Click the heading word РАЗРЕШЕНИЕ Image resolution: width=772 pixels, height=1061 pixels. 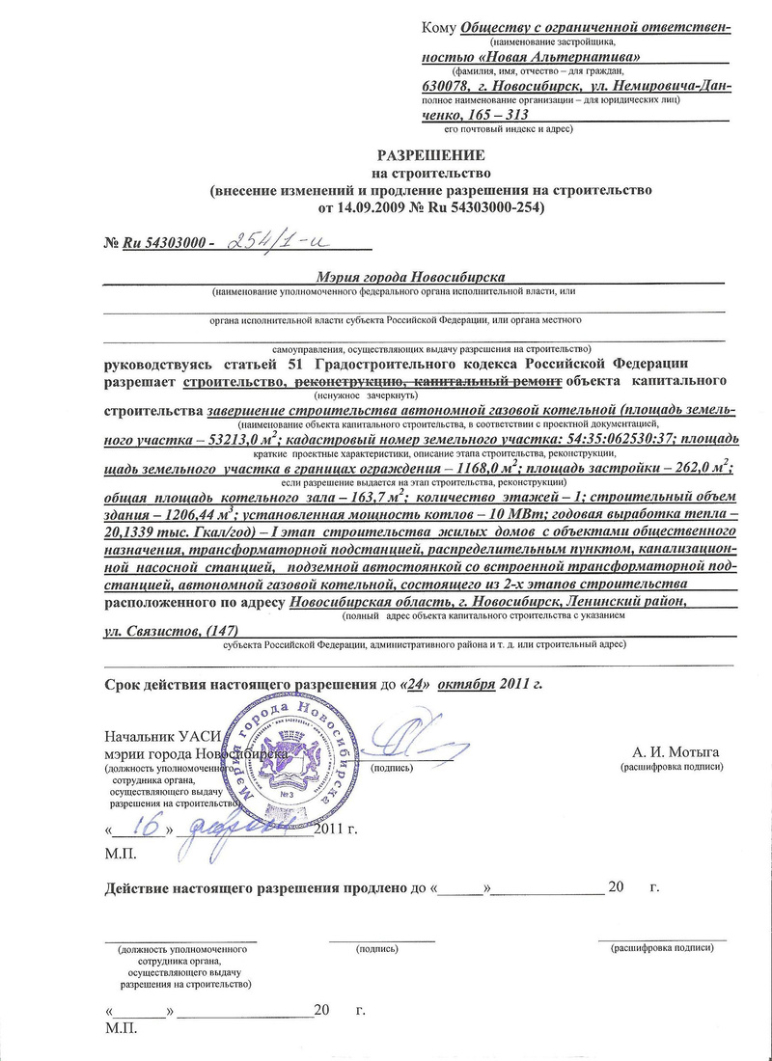click(x=430, y=154)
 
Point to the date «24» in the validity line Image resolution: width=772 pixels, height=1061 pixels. click(x=415, y=684)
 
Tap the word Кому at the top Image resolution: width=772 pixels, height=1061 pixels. click(x=440, y=26)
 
